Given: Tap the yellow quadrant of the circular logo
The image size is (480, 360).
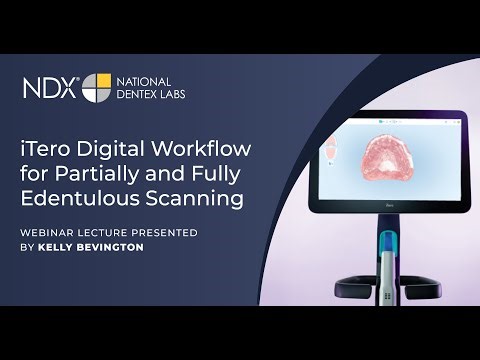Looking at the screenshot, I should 102,80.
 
